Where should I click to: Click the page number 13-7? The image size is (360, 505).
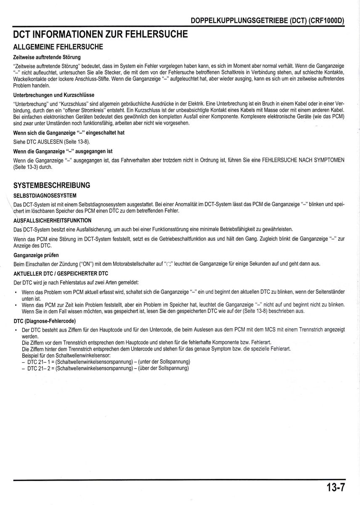pyautogui.click(x=335, y=488)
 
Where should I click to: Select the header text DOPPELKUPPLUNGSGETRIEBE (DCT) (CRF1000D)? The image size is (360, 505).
pyautogui.click(x=267, y=20)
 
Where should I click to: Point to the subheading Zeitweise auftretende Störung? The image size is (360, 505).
pyautogui.click(x=47, y=57)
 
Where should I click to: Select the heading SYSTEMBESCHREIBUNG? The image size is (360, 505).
pyautogui.click(x=52, y=185)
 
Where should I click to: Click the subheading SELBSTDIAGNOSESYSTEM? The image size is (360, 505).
pyautogui.click(x=45, y=196)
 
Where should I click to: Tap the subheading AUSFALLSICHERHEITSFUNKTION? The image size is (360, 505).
pyautogui.click(x=52, y=220)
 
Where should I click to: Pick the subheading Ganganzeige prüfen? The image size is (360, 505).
pyautogui.click(x=36, y=255)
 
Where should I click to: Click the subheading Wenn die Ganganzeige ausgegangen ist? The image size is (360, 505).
pyautogui.click(x=63, y=151)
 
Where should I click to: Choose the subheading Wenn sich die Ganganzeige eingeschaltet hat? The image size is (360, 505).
pyautogui.click(x=69, y=133)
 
